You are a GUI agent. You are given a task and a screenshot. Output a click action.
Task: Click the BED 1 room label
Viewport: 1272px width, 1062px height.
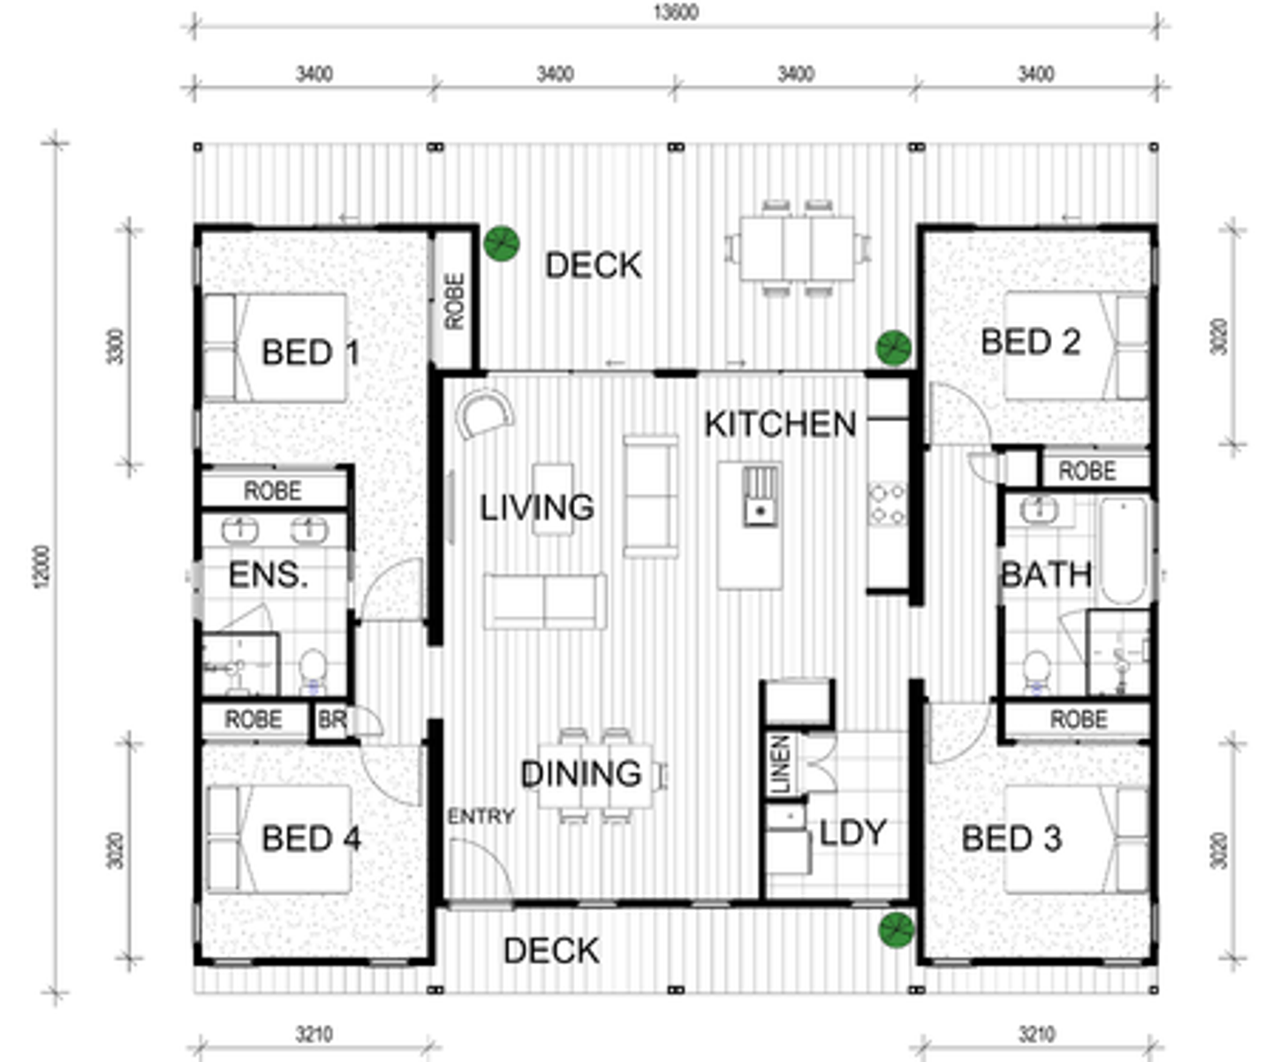[311, 353]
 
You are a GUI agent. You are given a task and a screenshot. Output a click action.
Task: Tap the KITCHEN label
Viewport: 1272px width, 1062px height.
[780, 424]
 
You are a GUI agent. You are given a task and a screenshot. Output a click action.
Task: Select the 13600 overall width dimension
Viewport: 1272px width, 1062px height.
[676, 12]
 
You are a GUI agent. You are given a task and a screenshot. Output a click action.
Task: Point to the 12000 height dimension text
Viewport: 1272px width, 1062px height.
[42, 566]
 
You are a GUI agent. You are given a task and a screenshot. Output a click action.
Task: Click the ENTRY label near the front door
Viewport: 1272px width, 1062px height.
[481, 815]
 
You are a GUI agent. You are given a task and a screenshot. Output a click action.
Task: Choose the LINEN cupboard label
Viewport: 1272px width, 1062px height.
[780, 764]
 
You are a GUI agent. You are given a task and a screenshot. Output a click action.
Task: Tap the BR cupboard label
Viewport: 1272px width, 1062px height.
[333, 720]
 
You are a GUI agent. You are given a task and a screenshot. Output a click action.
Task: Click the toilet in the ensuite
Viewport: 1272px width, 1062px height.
[313, 671]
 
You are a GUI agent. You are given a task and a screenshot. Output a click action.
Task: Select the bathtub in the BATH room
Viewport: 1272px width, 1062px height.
[1124, 550]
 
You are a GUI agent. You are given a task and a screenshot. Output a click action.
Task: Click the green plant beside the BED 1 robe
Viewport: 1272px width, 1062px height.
[502, 243]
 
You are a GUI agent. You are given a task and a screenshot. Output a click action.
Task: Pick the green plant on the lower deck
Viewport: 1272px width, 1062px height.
[896, 929]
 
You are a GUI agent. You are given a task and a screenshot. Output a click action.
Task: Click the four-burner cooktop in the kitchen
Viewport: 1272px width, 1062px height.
[887, 504]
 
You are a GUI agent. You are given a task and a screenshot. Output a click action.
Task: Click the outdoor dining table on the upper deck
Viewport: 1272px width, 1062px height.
[797, 248]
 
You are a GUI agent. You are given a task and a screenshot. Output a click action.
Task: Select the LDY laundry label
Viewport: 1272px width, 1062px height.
[853, 833]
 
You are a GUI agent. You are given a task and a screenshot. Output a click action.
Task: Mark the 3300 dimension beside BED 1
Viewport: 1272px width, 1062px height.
[116, 346]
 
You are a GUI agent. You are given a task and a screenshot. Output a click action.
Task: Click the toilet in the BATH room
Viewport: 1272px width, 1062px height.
[1035, 671]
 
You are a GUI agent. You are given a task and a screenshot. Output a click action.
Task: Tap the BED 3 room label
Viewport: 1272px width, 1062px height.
[1012, 838]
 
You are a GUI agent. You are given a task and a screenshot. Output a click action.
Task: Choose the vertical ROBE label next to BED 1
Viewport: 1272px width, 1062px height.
[454, 301]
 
